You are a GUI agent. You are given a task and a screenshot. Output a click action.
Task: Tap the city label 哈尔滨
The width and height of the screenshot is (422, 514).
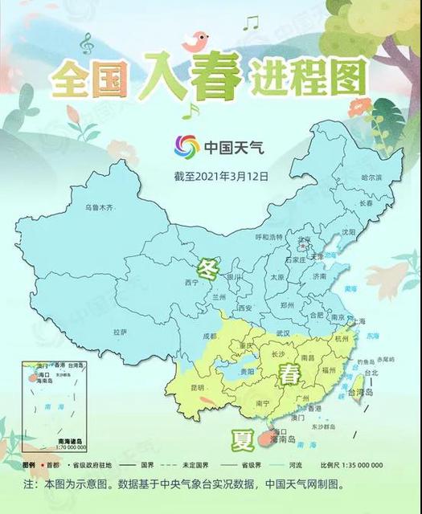tap(371, 177)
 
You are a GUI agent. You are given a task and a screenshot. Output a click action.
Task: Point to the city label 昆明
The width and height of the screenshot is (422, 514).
tap(197, 388)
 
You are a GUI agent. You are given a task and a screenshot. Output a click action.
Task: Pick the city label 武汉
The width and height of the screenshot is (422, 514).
tap(282, 332)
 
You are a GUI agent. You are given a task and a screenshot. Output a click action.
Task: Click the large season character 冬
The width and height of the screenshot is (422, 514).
tap(207, 267)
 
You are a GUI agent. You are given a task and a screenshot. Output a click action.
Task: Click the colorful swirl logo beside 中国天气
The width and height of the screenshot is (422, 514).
tap(186, 147)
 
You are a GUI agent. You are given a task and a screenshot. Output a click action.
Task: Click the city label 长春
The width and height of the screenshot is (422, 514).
tap(366, 203)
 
